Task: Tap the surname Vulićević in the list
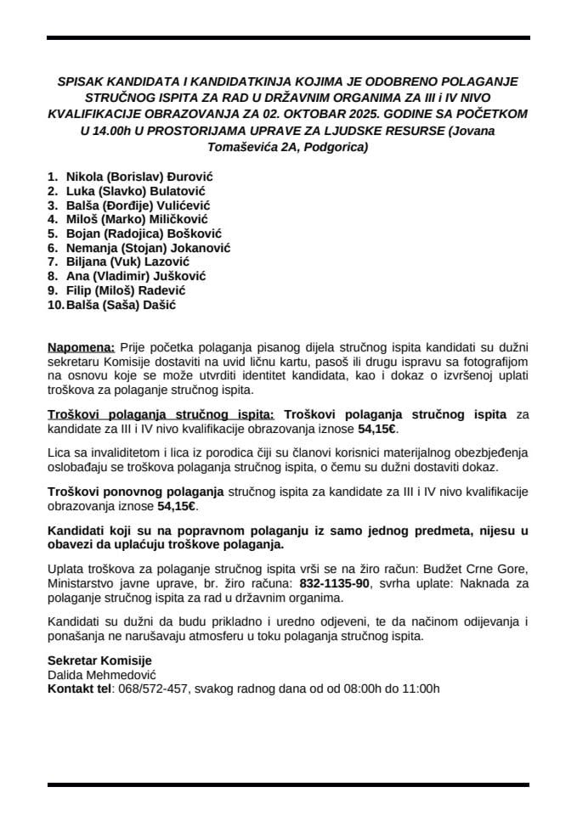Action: click(x=180, y=205)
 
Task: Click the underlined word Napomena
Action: click(x=81, y=347)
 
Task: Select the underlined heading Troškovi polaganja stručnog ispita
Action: click(x=161, y=414)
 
